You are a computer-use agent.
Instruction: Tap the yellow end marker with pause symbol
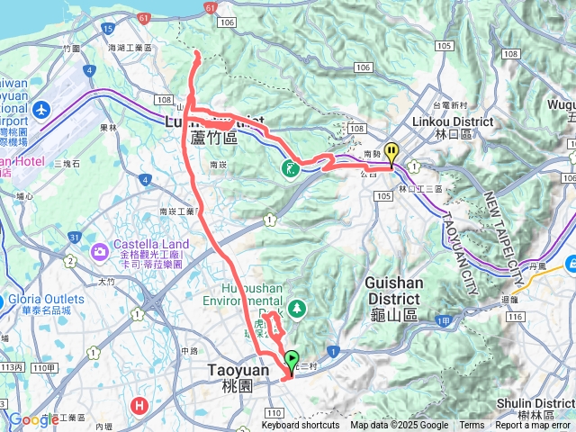[391, 152]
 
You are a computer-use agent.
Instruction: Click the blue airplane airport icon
[40, 109]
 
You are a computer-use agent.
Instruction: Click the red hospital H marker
[139, 405]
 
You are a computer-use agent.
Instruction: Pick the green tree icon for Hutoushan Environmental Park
[296, 309]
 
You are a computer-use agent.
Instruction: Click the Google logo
[33, 419]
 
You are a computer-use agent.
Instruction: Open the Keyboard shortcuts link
[301, 426]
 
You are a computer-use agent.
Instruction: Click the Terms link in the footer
[472, 426]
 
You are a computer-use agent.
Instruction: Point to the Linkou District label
[453, 121]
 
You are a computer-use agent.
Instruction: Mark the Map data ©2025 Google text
[399, 426]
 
